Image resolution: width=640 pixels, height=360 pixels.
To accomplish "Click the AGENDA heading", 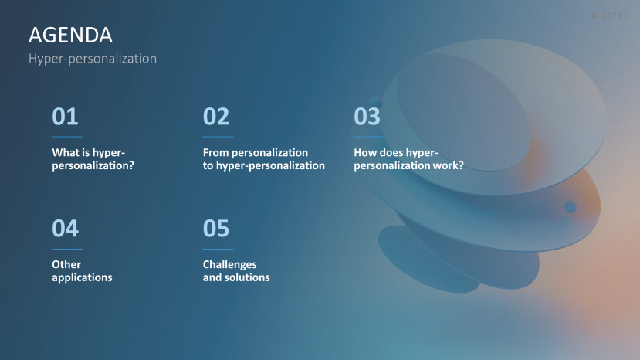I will tap(70, 35).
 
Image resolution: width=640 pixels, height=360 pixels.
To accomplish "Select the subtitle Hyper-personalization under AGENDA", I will tap(92, 59).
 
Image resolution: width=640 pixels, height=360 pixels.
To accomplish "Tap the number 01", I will tap(65, 117).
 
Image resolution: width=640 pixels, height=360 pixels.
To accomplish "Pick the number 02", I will tap(216, 117).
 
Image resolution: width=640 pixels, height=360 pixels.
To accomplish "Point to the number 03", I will tap(367, 117).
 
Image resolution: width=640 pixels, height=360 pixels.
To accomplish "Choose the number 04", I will tap(65, 229).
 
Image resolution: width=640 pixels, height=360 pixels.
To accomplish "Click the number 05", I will tap(216, 229).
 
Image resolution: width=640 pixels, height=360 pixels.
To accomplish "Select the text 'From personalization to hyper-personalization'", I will tap(263, 159).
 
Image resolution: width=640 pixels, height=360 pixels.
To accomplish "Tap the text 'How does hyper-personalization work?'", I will tap(408, 159).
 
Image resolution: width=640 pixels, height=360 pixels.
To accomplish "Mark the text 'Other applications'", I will tap(82, 271).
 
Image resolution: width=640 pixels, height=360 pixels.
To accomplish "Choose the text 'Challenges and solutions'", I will tap(236, 271).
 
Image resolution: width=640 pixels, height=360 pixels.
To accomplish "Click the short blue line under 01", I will tap(66, 137).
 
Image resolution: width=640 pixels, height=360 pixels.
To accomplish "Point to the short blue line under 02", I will tap(218, 137).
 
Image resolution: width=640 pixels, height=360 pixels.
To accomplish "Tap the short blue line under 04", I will tap(66, 249).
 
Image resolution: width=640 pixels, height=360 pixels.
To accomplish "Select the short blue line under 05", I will tap(218, 249).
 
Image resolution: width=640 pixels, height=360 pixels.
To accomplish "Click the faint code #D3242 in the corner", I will tap(610, 15).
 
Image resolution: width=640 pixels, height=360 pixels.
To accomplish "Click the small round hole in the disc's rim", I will tap(570, 207).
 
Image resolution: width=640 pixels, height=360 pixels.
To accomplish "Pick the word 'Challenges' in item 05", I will tap(230, 265).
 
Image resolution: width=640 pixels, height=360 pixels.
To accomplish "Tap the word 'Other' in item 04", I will tap(66, 265).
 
